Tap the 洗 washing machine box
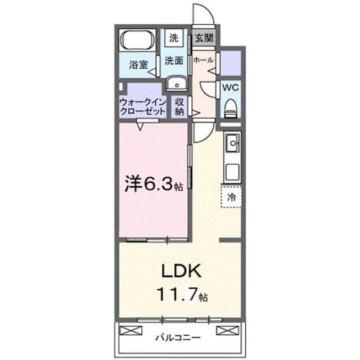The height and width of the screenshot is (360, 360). coord(174,38)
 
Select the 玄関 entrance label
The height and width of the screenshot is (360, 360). coord(204,38)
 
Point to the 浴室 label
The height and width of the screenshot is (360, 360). coord(138,64)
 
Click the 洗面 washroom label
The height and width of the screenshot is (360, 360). coord(174,61)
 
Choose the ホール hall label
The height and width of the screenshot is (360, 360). coord(204,60)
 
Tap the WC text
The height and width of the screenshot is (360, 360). coord(231,88)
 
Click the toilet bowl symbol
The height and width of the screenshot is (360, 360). coord(231,108)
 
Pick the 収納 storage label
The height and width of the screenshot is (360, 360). coord(179,107)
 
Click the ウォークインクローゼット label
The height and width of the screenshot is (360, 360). coord(143,107)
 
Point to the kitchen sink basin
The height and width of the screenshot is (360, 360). coord(232,143)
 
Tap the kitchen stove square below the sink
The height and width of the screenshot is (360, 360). coord(232,172)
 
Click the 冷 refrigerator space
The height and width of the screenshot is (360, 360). coord(231,197)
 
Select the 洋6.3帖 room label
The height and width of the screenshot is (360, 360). coord(154,184)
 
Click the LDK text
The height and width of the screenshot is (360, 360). coord(181,271)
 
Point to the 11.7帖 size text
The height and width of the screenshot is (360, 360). coord(182,295)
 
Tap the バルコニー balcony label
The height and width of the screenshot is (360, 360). coord(178,337)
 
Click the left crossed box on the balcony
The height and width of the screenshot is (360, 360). coord(131,330)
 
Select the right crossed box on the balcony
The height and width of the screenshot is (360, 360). coord(228,330)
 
